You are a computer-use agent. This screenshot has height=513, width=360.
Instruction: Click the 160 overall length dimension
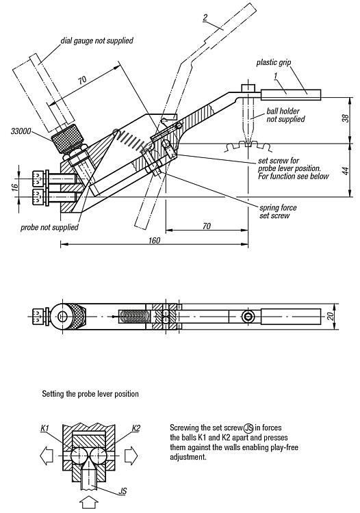(x=154, y=240)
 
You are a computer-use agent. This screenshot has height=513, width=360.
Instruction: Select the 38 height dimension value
(x=346, y=118)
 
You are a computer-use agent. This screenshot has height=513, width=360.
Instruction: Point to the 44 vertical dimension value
(x=346, y=171)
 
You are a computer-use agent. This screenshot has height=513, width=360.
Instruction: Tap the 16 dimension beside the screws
(x=14, y=187)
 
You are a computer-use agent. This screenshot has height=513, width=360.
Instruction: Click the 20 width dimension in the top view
(x=331, y=317)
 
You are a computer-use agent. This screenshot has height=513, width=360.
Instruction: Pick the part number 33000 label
(x=21, y=131)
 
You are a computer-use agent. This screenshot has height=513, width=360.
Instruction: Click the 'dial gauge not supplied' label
(x=97, y=40)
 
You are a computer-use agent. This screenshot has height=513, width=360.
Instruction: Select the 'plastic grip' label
(x=274, y=62)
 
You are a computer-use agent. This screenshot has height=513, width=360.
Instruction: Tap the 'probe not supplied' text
(x=49, y=227)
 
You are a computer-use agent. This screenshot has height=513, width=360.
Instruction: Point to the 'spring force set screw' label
(x=278, y=211)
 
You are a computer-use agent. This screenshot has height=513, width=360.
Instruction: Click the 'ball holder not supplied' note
(x=285, y=115)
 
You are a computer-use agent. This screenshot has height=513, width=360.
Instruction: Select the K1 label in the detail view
(x=45, y=428)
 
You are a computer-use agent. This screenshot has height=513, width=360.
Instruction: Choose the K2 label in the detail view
(x=136, y=428)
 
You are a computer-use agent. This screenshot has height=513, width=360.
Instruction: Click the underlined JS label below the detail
(x=123, y=491)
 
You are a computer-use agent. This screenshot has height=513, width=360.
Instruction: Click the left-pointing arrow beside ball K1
(x=47, y=456)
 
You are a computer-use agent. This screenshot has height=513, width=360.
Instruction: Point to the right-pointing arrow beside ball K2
(x=131, y=456)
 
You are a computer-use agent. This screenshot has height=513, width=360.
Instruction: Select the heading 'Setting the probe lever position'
(x=90, y=393)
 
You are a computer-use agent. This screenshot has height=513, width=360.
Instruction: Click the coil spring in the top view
(x=135, y=317)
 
